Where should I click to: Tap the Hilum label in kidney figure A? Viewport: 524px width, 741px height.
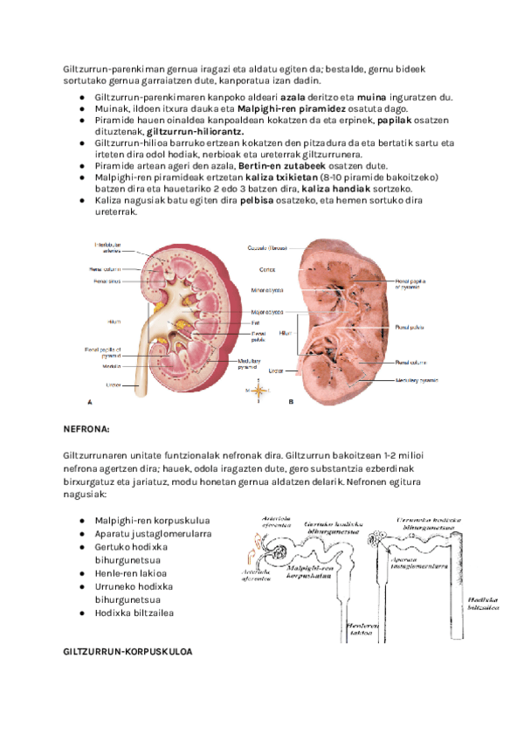pos(114,322)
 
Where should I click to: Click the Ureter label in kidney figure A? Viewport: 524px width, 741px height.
pos(113,384)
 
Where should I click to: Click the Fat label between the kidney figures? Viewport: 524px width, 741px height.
pos(257,322)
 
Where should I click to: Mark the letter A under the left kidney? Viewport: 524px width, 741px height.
pos(90,402)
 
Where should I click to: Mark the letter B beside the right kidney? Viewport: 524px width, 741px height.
pos(289,402)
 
